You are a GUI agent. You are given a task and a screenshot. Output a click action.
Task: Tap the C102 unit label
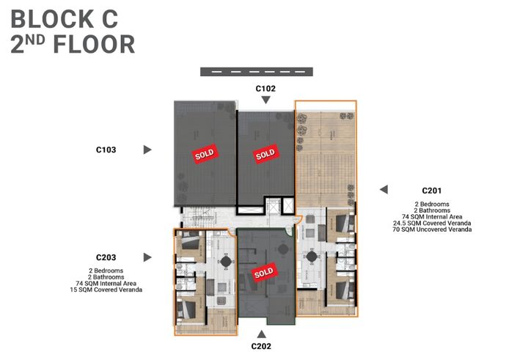tap(265, 88)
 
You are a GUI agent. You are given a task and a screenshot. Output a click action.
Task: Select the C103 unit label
tap(106, 150)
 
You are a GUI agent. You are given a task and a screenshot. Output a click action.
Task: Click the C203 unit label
tap(106, 257)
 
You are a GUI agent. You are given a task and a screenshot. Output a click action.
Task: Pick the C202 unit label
tap(263, 346)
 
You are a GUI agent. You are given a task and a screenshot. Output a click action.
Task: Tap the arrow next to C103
tap(147, 150)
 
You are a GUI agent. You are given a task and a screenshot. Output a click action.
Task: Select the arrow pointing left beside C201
tap(383, 189)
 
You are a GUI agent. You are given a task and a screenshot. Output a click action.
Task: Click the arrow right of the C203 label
tap(147, 257)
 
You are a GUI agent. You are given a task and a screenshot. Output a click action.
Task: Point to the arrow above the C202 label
tap(263, 334)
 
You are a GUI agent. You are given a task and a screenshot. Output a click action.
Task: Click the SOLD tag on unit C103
tap(203, 154)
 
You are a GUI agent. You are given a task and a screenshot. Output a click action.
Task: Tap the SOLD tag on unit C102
tap(265, 154)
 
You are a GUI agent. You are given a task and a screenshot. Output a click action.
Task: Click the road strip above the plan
tap(257, 71)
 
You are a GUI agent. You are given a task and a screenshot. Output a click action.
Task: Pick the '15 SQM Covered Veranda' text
tap(106, 290)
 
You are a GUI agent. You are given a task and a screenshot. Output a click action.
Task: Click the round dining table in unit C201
tap(313, 259)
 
